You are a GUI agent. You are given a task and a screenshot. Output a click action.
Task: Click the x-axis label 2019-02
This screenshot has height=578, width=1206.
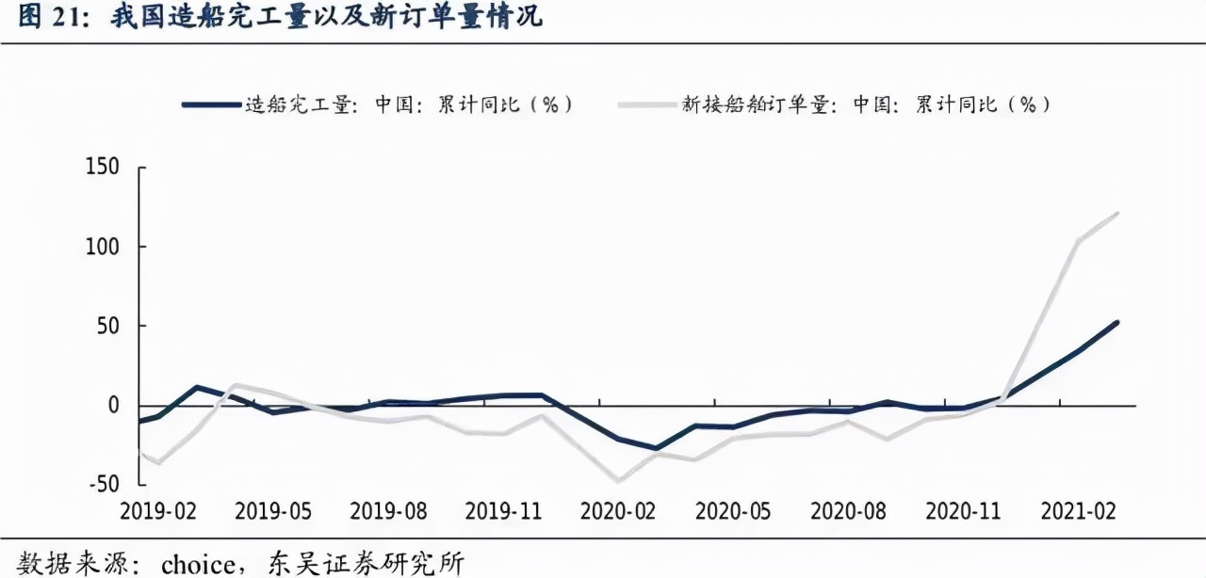click(x=157, y=511)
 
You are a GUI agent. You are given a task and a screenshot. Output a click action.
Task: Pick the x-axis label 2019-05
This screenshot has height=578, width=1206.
click(x=273, y=511)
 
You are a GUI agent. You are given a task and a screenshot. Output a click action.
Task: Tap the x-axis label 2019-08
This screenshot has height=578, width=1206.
click(x=388, y=511)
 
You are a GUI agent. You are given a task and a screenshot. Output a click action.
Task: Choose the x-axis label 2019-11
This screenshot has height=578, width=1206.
click(x=504, y=511)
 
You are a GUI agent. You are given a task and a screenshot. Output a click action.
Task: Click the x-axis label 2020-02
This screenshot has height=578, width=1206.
click(x=618, y=511)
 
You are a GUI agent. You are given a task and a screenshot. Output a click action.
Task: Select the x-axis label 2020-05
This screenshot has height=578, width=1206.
click(x=734, y=511)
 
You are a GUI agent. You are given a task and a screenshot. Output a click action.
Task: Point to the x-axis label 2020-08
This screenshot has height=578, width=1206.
click(x=849, y=511)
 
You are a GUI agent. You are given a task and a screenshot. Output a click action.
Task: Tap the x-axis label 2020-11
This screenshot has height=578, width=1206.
click(x=964, y=511)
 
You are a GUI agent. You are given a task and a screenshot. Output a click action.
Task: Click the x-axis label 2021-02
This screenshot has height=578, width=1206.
click(x=1079, y=511)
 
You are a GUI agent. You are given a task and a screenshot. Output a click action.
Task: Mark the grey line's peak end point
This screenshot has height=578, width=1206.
click(x=1117, y=214)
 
